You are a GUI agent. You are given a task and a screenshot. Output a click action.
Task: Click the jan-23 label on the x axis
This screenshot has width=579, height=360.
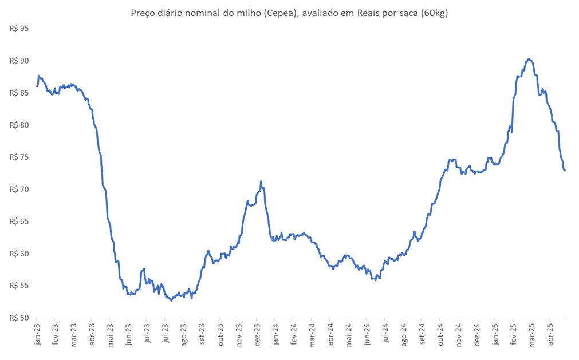pyautogui.click(x=37, y=334)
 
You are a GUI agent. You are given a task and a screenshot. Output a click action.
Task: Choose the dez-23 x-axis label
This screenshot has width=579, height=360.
pyautogui.click(x=257, y=334)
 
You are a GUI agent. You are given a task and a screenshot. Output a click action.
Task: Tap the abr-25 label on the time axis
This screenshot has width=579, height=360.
pyautogui.click(x=550, y=334)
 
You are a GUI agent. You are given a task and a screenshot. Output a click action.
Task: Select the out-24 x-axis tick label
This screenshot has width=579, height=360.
pyautogui.click(x=440, y=334)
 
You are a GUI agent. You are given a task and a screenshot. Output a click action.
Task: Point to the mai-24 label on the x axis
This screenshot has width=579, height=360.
pyautogui.click(x=348, y=334)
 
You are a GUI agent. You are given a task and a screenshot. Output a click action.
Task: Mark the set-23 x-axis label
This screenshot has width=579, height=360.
pyautogui.click(x=202, y=334)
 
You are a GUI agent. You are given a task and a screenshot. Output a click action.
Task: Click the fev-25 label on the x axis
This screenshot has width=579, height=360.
pyautogui.click(x=513, y=334)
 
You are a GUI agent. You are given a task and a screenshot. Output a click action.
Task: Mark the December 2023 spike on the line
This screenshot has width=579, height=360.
pyautogui.click(x=261, y=182)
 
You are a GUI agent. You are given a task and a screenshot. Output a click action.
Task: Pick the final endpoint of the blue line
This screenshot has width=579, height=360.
pyautogui.click(x=565, y=171)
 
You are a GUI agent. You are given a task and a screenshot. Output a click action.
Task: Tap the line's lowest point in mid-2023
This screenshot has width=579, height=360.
pyautogui.click(x=171, y=300)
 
